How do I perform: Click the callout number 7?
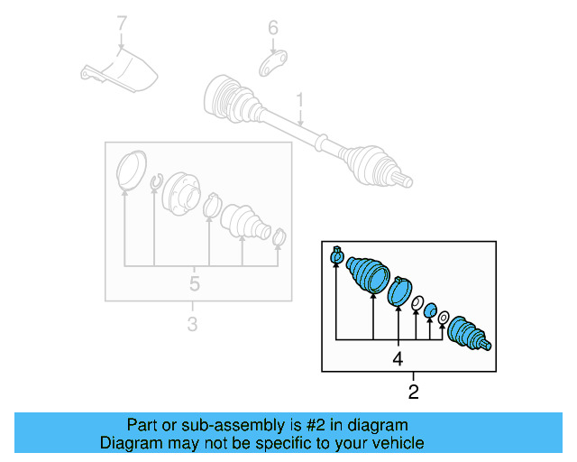122,21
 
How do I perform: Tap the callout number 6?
272,29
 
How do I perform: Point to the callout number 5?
193,286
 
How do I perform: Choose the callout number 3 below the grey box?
191,323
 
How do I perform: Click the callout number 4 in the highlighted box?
397,359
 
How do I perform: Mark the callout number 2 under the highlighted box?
414,392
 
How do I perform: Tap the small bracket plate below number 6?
273,64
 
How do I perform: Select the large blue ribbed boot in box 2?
368,273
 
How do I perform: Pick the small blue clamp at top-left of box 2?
336,257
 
